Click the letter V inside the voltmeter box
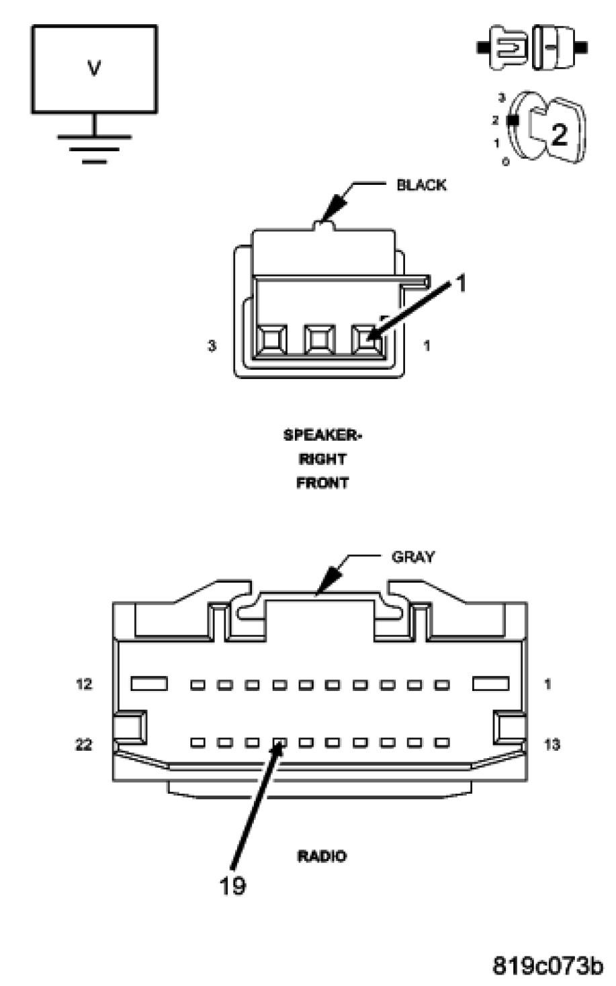point(94,68)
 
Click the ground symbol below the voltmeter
point(94,145)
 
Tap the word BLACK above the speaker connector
point(421,185)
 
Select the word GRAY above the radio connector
point(413,557)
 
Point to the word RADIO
point(322,856)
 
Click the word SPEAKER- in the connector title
point(322,435)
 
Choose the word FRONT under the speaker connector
point(322,483)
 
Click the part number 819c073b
point(548,966)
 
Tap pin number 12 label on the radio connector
point(83,685)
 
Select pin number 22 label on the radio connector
point(83,745)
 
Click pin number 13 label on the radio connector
point(552,745)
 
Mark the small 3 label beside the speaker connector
point(212,346)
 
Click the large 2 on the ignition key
point(558,135)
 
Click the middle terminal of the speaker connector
point(319,339)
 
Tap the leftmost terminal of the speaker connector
point(271,339)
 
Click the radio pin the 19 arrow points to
point(280,743)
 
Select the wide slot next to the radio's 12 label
point(149,684)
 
